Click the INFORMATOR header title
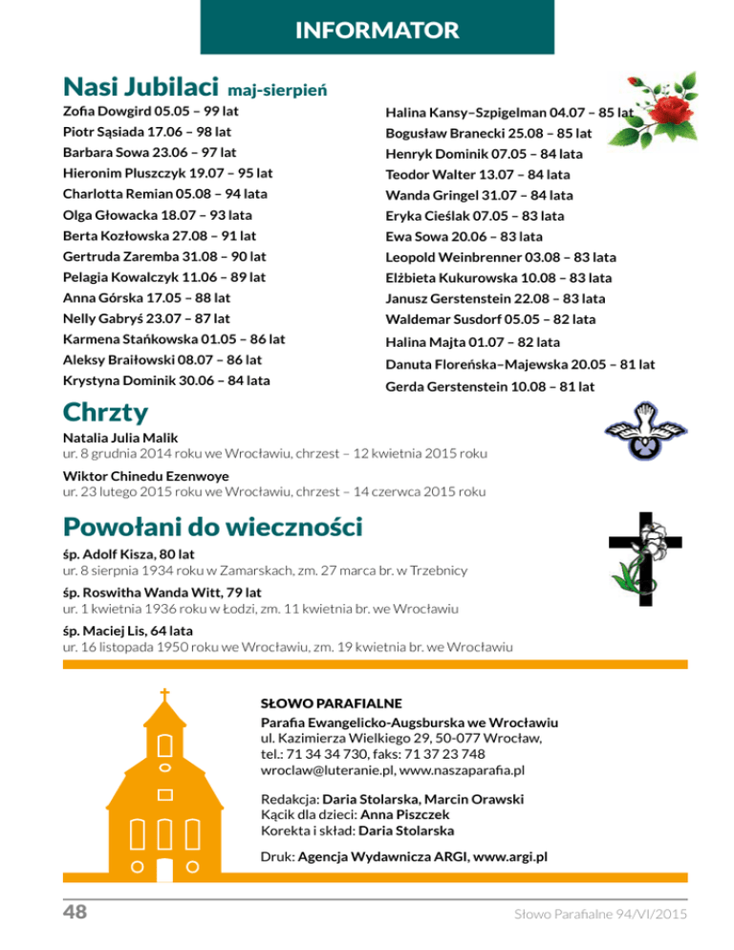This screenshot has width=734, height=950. click(377, 31)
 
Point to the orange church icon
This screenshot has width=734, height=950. click(165, 788)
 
